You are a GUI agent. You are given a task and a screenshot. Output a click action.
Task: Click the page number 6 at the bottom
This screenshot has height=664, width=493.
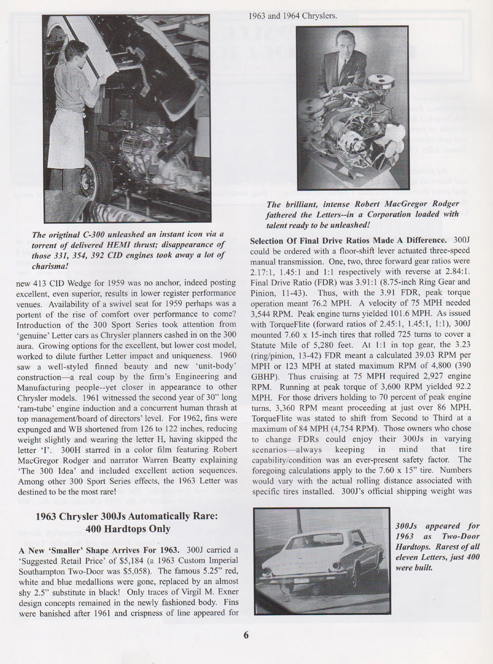[x=246, y=635]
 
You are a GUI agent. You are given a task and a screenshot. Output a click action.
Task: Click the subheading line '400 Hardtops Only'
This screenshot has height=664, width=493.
[x=128, y=528]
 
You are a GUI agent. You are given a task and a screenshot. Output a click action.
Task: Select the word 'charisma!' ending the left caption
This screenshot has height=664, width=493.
[x=48, y=265]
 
